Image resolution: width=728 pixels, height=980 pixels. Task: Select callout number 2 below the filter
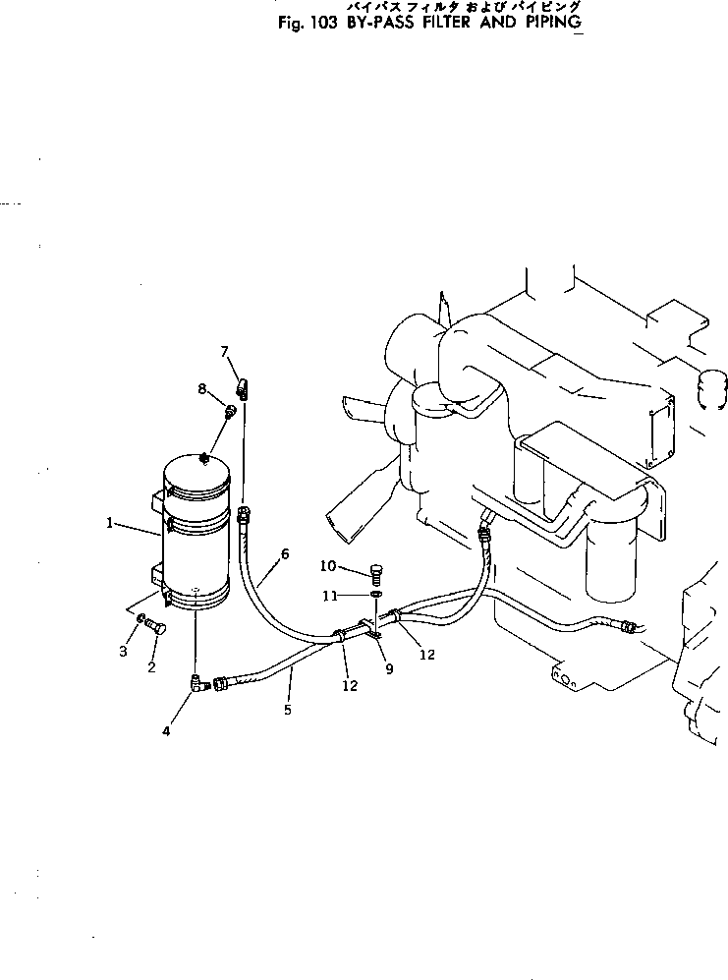[152, 668]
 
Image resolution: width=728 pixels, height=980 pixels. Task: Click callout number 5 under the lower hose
[288, 709]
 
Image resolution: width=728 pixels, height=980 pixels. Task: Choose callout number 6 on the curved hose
[285, 553]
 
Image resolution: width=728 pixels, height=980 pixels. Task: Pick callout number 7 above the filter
[224, 351]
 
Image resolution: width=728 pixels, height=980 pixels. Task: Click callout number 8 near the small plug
[201, 388]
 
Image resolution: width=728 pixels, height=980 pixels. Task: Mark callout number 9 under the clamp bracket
[389, 669]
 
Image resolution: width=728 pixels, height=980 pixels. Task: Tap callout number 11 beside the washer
[332, 595]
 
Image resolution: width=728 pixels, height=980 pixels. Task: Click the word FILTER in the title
[413, 24]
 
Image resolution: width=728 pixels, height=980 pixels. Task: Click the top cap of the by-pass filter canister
[198, 469]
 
